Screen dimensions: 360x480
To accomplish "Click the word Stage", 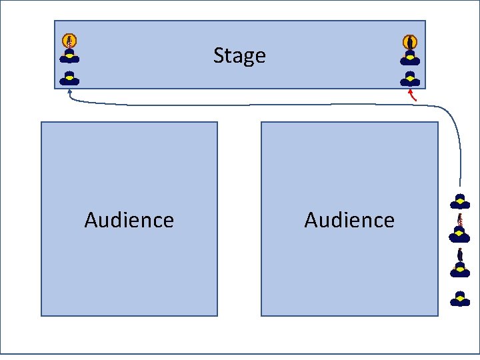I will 239,55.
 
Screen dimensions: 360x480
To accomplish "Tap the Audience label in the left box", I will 129,220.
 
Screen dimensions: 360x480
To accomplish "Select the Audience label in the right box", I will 349,220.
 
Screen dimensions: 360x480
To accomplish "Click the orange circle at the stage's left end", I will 69,41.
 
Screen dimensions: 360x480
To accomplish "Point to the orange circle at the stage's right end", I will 410,41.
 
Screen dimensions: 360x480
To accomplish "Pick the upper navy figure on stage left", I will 69,57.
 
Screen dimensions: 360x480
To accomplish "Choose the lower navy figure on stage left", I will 69,78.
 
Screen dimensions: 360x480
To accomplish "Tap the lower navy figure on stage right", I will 410,79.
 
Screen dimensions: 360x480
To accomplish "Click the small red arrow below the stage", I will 413,95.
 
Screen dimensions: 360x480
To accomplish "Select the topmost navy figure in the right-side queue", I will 459,201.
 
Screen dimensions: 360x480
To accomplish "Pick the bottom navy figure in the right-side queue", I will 459,299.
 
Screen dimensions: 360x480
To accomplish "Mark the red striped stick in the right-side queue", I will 459,220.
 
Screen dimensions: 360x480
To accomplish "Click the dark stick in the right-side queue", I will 459,254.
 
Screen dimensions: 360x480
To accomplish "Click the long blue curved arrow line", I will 267,105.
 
